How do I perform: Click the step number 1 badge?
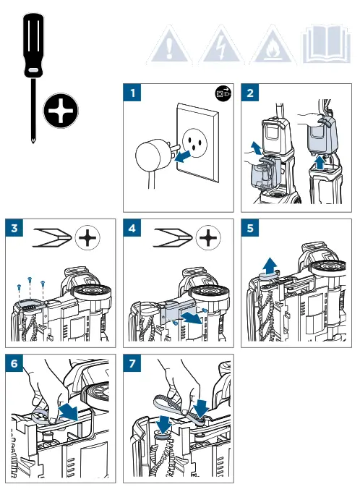132,93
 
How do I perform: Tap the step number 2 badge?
250,93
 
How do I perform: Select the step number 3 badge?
14,228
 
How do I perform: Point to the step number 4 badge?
132,228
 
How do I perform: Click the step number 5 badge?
250,228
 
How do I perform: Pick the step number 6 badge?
14,363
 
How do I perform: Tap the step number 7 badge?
132,363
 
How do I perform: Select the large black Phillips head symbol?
61,111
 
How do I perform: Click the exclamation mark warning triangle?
169,46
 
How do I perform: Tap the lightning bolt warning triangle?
221,46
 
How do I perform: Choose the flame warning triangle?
273,46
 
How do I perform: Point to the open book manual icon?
326,45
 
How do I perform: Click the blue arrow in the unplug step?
182,156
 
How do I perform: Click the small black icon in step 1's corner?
223,93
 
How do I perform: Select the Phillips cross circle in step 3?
87,237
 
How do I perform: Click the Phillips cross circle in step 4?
208,237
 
